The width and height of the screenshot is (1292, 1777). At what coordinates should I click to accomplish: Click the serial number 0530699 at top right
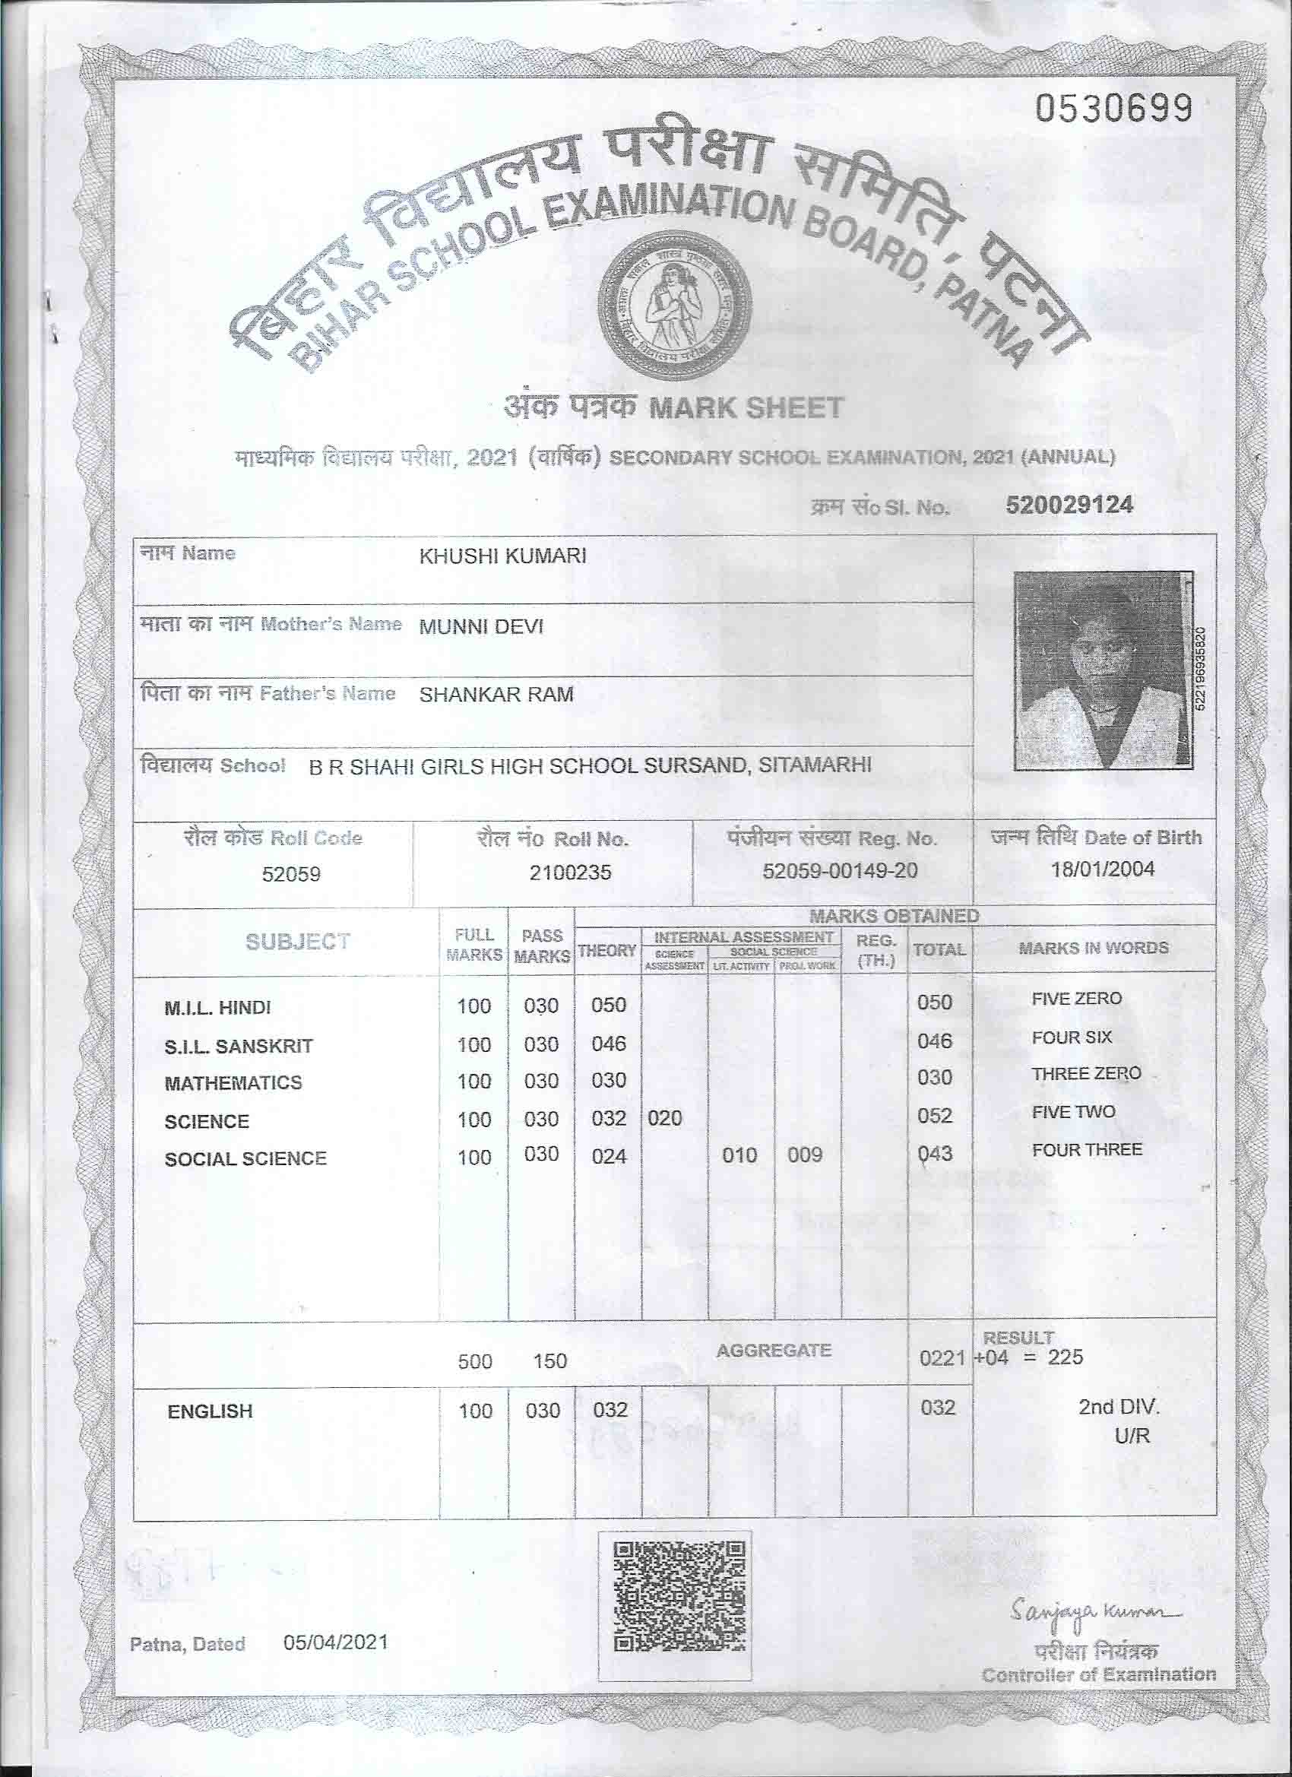pos(1114,109)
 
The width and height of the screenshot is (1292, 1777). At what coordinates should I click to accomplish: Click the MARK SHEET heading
pos(746,408)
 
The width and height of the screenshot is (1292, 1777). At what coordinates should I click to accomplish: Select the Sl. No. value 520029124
pos(1069,505)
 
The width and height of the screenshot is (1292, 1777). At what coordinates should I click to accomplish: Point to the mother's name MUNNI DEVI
pos(481,627)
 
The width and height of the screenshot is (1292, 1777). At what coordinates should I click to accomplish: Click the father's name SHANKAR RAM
pos(496,695)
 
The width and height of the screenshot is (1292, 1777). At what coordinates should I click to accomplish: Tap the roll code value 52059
pos(290,873)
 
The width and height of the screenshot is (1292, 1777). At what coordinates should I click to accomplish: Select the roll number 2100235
pos(569,872)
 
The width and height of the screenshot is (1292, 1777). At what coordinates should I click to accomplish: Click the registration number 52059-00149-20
pos(840,870)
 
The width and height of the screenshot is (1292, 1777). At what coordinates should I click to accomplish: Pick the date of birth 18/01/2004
pos(1103,869)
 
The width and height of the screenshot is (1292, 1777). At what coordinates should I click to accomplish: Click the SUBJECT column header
pos(297,942)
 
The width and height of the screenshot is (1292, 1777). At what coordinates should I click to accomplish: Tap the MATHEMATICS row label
pos(233,1083)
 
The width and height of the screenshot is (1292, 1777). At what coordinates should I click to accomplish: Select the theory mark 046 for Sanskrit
pos(609,1044)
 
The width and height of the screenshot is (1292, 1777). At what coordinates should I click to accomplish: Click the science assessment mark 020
pos(664,1118)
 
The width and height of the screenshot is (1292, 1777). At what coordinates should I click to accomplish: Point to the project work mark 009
pos(805,1155)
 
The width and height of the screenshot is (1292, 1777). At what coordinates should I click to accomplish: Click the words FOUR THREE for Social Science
pos(1087,1150)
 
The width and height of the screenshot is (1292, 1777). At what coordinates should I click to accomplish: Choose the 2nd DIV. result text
pos(1118,1406)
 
